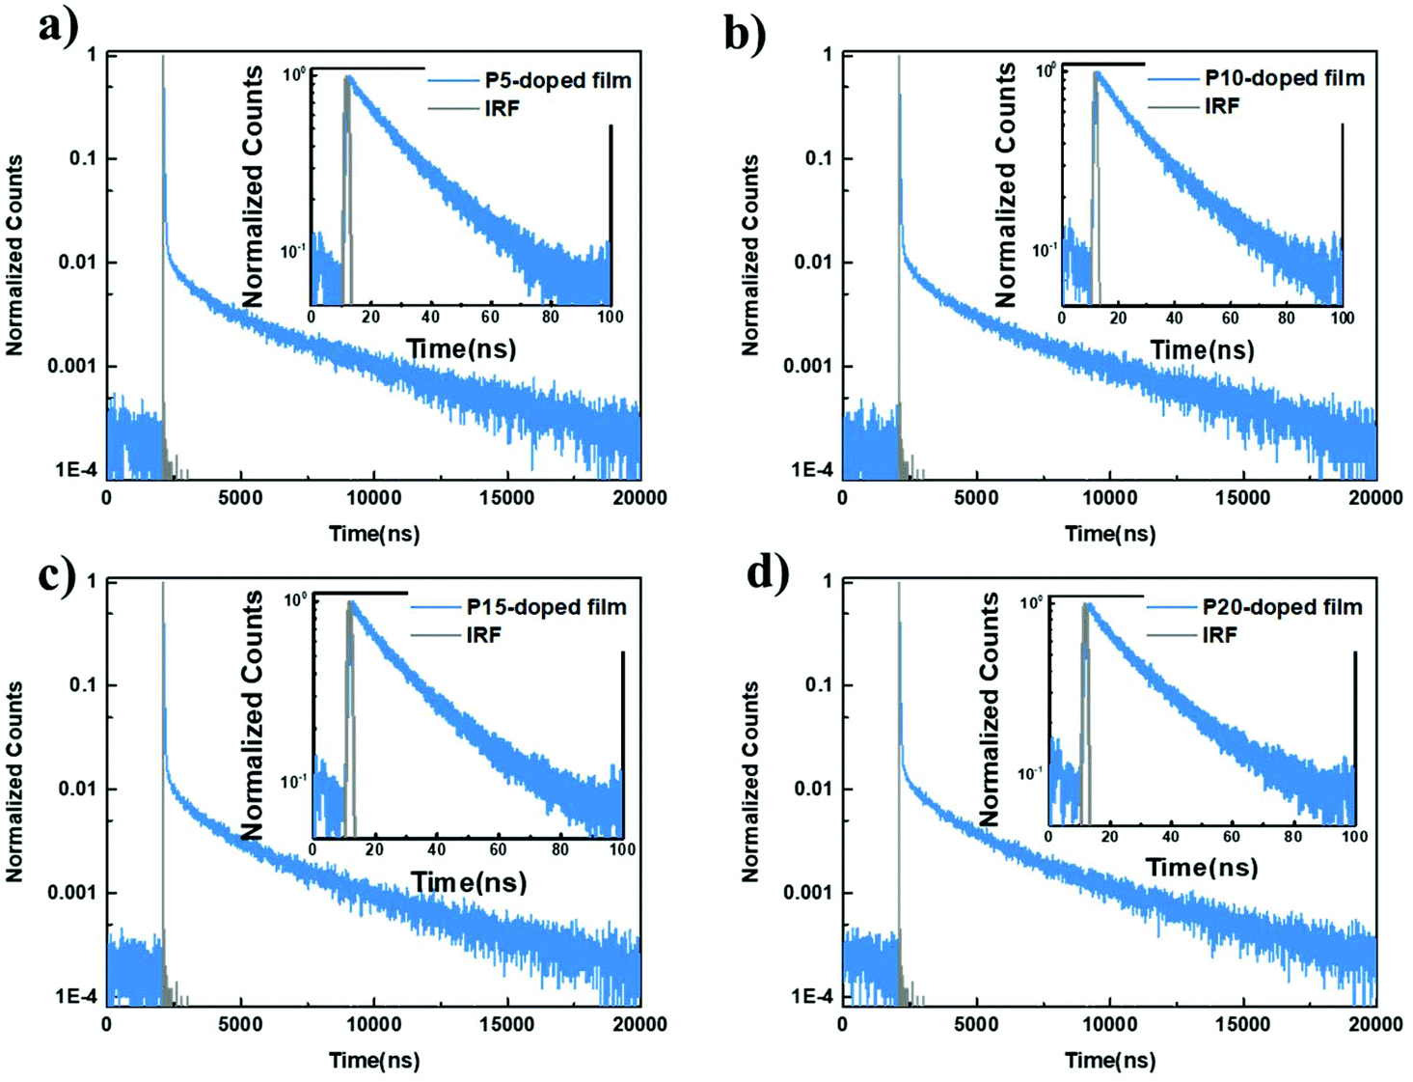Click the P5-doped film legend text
(557, 80)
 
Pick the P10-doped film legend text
(1285, 78)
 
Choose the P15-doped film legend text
(546, 607)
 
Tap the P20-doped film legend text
(1282, 607)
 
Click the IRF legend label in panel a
(502, 108)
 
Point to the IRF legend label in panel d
(1220, 635)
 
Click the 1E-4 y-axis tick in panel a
(75, 470)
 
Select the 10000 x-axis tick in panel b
(1109, 498)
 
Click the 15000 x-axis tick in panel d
(1242, 1024)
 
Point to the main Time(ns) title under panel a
(374, 534)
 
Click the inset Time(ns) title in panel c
(469, 882)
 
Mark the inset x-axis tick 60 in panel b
(1230, 318)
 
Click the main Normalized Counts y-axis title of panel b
(750, 256)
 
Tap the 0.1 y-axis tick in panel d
(818, 685)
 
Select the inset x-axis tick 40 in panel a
(430, 317)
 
